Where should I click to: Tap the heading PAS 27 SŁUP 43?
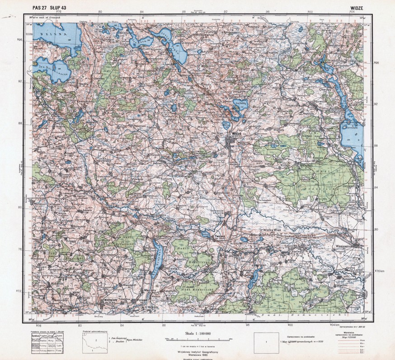(x=50, y=8)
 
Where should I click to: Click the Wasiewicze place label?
(x=348, y=246)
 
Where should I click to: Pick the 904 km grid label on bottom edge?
(x=335, y=324)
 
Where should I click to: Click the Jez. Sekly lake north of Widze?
(x=240, y=105)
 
